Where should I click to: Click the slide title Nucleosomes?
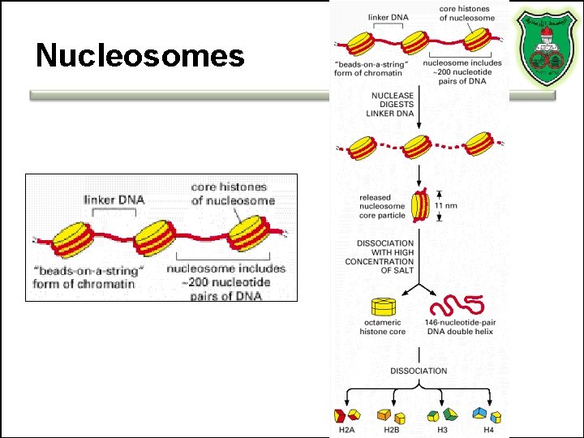point(140,55)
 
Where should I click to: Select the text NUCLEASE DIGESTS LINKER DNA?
point(392,105)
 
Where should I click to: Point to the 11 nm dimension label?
point(446,205)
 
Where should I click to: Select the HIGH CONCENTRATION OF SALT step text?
point(380,256)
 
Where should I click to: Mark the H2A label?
point(344,430)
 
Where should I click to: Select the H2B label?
point(393,430)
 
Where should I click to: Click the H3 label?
point(441,430)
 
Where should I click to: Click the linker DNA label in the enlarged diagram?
point(114,199)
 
